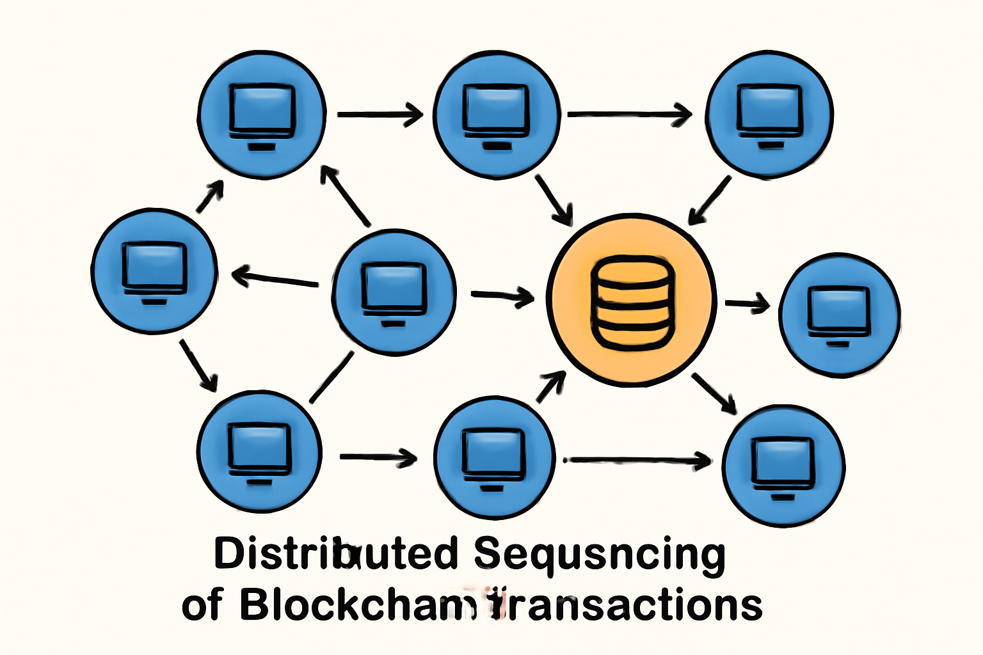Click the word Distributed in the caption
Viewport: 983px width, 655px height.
tap(336, 553)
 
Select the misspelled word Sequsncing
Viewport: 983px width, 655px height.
tap(600, 555)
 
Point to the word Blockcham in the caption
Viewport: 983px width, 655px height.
tap(358, 604)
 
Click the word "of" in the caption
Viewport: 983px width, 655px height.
tap(202, 606)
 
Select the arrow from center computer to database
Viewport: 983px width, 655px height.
tap(502, 296)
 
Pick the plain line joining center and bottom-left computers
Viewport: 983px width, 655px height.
tap(332, 377)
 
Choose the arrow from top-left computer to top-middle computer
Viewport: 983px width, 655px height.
tap(380, 115)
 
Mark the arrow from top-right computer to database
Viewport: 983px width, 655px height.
tap(710, 200)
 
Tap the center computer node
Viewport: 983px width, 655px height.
tap(394, 292)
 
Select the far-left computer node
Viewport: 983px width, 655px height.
tap(154, 271)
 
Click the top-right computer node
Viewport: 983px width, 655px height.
tap(769, 114)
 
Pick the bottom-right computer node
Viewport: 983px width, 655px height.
tap(783, 466)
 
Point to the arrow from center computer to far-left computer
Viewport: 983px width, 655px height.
tap(275, 280)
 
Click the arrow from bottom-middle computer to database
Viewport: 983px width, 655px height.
tap(550, 386)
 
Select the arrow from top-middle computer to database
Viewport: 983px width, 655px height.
tap(554, 199)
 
